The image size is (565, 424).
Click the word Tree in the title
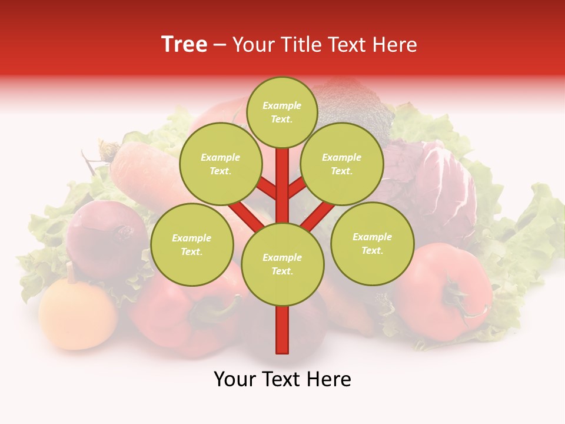(x=184, y=45)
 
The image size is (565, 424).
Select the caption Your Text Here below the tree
(x=282, y=379)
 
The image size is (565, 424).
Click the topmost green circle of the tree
(x=282, y=112)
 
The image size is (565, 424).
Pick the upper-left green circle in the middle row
(x=220, y=164)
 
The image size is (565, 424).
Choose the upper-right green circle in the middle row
(x=341, y=164)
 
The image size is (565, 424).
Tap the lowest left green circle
(x=191, y=244)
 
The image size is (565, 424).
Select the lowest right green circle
(x=372, y=243)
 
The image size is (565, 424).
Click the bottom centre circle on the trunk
(x=282, y=264)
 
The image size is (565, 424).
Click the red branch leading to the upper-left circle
(x=266, y=189)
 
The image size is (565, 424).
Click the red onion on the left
(x=106, y=236)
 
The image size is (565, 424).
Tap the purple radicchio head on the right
(x=447, y=183)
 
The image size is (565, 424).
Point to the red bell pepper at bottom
(x=177, y=318)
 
